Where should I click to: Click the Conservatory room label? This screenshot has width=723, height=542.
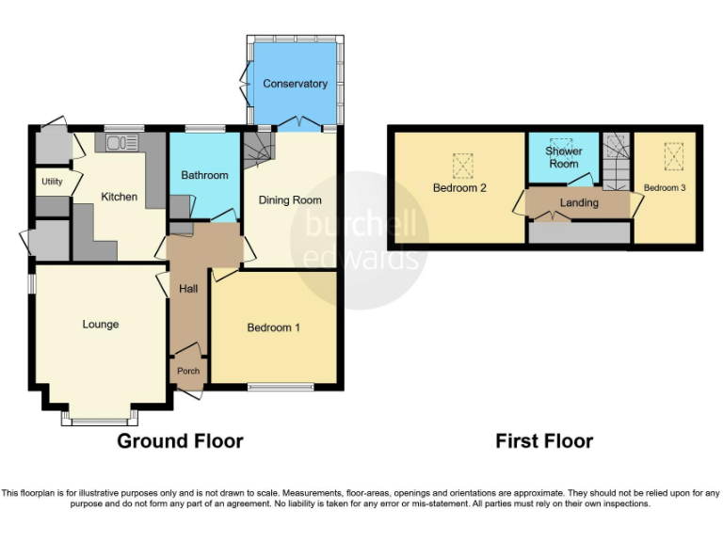point(295,84)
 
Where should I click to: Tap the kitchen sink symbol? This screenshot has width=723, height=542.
point(121,143)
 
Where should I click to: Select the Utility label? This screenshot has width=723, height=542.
point(51,182)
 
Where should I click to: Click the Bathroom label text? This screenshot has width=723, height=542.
point(204,175)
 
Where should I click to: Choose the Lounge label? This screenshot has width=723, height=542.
point(100,325)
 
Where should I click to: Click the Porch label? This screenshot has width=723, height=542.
point(188,371)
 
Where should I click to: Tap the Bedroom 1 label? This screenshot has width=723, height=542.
point(273,327)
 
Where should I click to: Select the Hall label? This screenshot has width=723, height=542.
point(187,289)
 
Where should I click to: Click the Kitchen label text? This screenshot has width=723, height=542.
point(120,198)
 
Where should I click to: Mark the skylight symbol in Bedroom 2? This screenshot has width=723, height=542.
point(462,167)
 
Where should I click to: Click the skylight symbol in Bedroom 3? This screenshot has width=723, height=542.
point(673,156)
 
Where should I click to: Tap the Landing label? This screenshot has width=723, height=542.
point(578,202)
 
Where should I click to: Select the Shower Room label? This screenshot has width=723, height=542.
point(564,157)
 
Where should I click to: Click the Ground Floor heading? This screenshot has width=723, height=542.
point(180,441)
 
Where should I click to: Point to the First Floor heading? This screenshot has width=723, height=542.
point(544,441)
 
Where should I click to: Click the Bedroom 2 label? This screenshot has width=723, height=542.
point(459,188)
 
